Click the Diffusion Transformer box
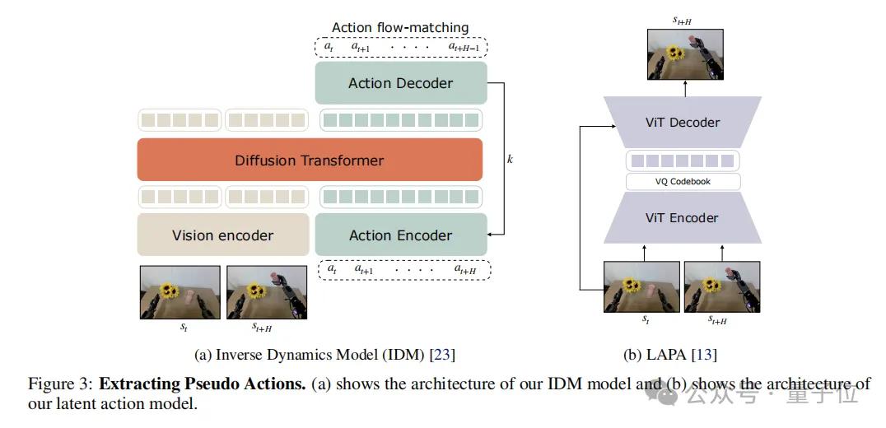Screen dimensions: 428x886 [309, 160]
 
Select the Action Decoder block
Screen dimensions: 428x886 [400, 83]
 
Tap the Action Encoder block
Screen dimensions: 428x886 [400, 235]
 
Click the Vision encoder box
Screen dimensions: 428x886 [222, 235]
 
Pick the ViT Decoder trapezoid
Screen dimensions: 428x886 [683, 123]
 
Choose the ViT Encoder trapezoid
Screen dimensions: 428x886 [683, 218]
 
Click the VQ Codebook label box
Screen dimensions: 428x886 [683, 182]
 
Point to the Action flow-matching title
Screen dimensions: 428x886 [399, 28]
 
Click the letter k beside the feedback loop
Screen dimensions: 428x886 [510, 158]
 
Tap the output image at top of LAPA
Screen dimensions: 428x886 [685, 54]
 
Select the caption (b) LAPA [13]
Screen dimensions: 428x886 [669, 355]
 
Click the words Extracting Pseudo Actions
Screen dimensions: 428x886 [203, 384]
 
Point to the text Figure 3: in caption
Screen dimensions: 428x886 [60, 384]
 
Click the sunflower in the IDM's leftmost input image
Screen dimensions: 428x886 [170, 290]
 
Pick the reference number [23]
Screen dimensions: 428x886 [441, 355]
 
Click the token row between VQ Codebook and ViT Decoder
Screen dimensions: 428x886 [683, 160]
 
